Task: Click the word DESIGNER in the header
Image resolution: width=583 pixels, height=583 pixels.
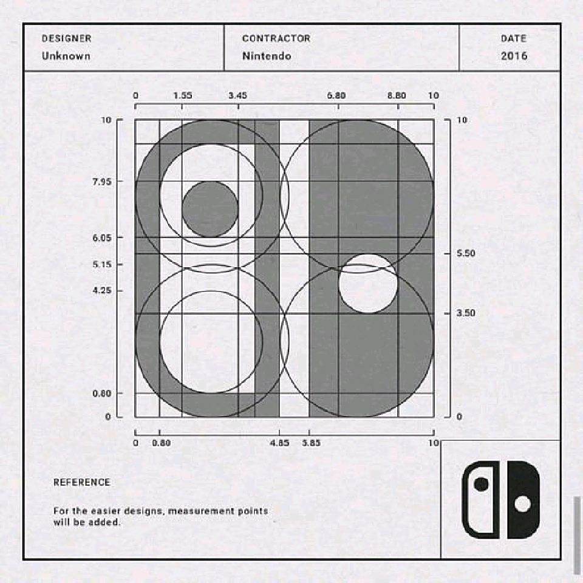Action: pos(67,38)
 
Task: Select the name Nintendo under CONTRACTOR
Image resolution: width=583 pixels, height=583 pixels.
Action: pos(267,56)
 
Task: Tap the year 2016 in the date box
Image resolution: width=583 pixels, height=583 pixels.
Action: pos(514,56)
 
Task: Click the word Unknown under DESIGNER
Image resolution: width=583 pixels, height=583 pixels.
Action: pos(66,56)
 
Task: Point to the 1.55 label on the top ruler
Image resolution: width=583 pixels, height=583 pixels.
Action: pos(183,95)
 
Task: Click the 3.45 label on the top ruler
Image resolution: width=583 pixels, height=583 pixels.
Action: pos(237,95)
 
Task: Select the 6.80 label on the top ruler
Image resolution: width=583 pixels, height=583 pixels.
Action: pos(336,95)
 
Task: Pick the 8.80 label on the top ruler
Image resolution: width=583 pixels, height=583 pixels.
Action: pos(397,95)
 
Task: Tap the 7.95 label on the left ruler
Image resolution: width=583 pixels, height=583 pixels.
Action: pos(102,182)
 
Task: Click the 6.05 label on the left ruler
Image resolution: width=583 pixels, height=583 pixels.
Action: pos(102,237)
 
